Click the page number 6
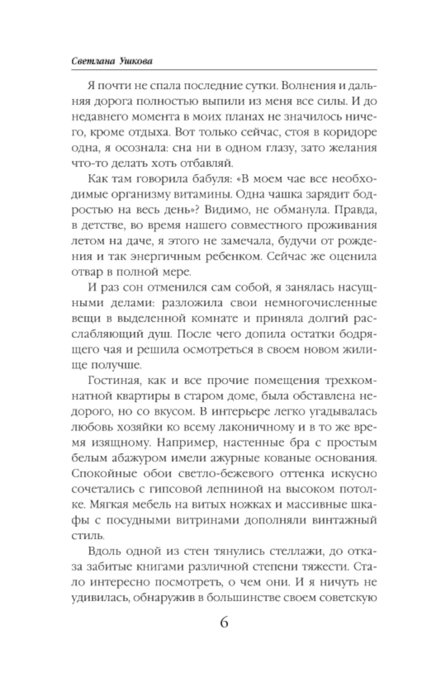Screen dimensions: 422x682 pyautogui.click(x=224, y=623)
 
